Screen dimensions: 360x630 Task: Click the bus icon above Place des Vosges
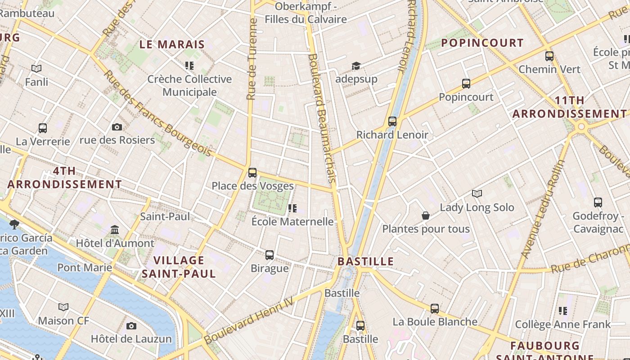[252, 172]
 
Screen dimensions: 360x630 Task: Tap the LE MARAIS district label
[172, 45]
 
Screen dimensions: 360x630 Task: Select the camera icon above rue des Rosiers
[117, 127]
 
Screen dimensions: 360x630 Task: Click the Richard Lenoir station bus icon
[392, 121]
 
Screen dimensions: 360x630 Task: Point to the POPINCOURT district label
[482, 43]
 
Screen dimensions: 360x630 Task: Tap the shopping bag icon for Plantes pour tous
[426, 216]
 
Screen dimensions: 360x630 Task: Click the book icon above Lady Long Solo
[477, 194]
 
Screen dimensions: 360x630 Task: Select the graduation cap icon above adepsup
[356, 67]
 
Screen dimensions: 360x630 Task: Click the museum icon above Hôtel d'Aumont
[115, 230]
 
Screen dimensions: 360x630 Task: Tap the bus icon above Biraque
[270, 255]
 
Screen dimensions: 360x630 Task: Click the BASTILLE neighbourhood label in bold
[365, 261]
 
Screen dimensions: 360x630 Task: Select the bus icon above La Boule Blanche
[435, 309]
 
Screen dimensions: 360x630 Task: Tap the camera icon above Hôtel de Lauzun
[131, 326]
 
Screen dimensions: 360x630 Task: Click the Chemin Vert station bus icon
[549, 56]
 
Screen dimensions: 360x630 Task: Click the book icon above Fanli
[36, 69]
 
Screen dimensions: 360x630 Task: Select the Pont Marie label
[85, 268]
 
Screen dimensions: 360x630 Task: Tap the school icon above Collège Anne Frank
[563, 311]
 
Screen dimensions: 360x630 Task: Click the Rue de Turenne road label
[252, 58]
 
